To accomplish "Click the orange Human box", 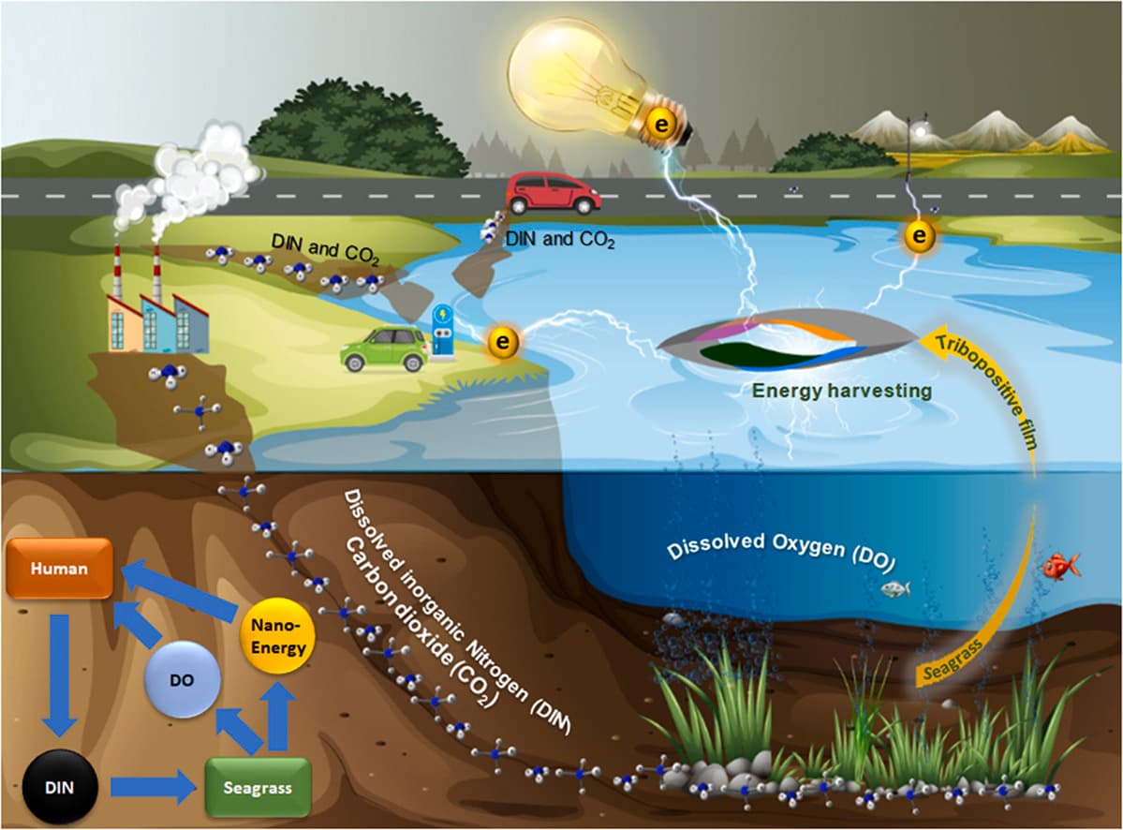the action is tap(59, 568).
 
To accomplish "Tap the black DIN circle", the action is tap(59, 788).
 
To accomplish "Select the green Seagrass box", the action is tap(258, 788).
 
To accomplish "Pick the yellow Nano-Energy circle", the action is tap(278, 636).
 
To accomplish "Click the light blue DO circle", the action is tap(182, 679).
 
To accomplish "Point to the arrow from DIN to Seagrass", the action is tap(154, 788).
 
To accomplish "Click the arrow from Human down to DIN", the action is tap(59, 674).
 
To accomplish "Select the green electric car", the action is tap(385, 348).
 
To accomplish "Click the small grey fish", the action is tap(895, 588).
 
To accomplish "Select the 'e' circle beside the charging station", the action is tap(503, 342).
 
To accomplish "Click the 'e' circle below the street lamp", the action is tap(920, 235).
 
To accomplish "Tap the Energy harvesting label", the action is tap(841, 391).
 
